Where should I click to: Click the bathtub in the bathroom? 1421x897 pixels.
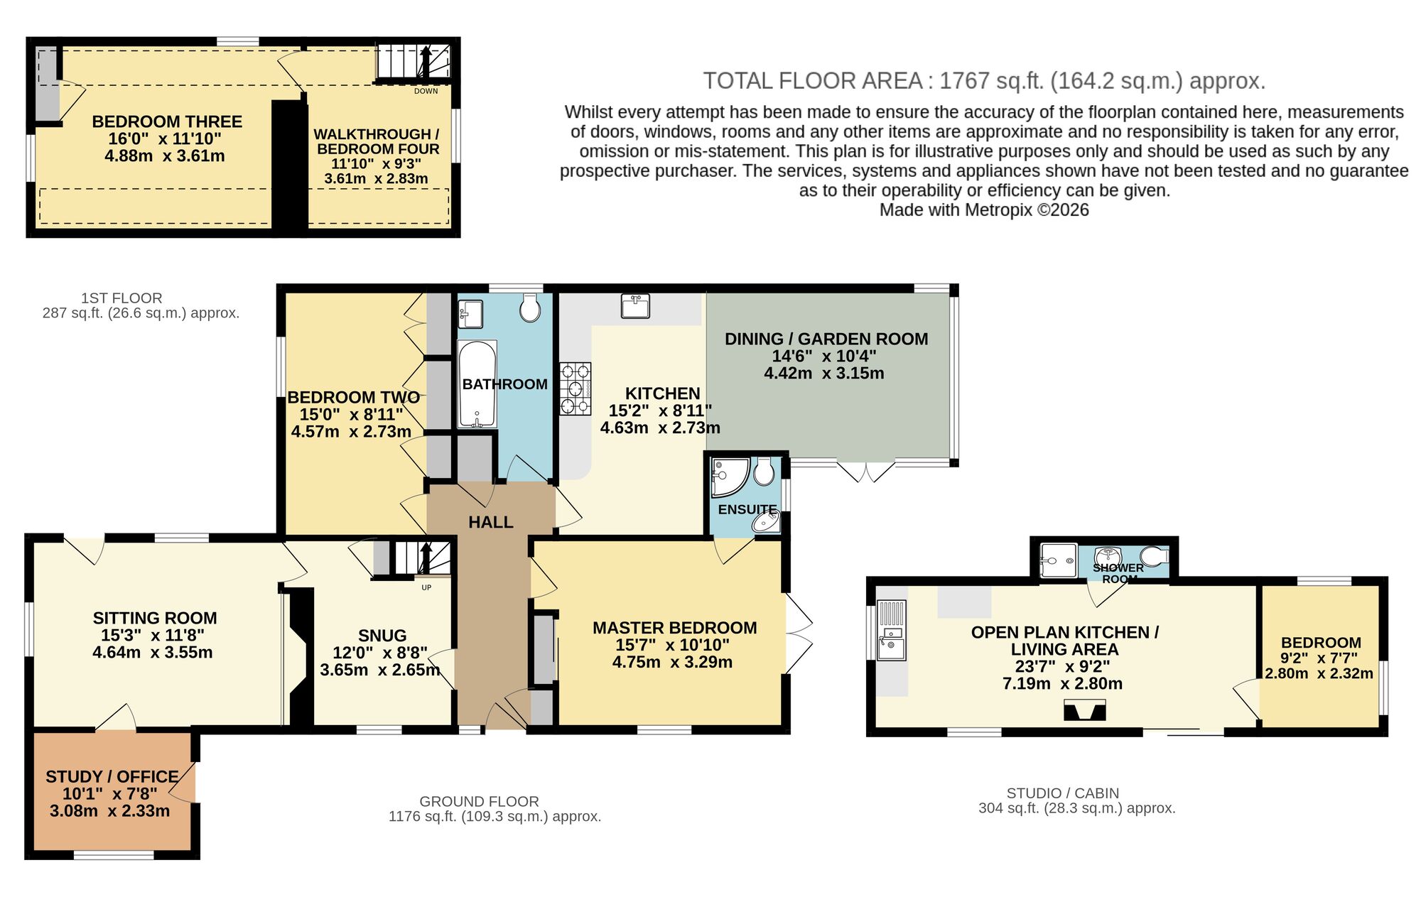pos(477,384)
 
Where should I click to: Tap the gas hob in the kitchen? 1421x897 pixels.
pos(576,388)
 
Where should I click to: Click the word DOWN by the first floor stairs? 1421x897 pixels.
pos(426,91)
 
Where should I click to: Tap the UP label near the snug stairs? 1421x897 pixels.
pos(426,587)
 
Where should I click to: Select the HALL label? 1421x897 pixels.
pos(490,522)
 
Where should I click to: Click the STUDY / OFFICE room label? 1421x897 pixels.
pos(112,776)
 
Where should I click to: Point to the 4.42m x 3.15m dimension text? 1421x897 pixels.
pos(824,374)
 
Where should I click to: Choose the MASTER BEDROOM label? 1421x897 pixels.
pos(674,628)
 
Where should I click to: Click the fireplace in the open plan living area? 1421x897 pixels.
pos(1084,710)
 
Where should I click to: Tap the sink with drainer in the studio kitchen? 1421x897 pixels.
pos(891,631)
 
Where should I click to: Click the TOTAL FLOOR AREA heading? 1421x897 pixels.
pos(984,81)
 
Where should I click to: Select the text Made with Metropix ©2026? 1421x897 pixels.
pos(984,210)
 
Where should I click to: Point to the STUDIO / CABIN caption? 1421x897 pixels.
pos(1062,793)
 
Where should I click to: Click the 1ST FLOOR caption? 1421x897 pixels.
pos(121,298)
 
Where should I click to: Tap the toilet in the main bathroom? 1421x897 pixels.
pos(529,308)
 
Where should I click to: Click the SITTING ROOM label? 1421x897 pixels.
pos(154,618)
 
